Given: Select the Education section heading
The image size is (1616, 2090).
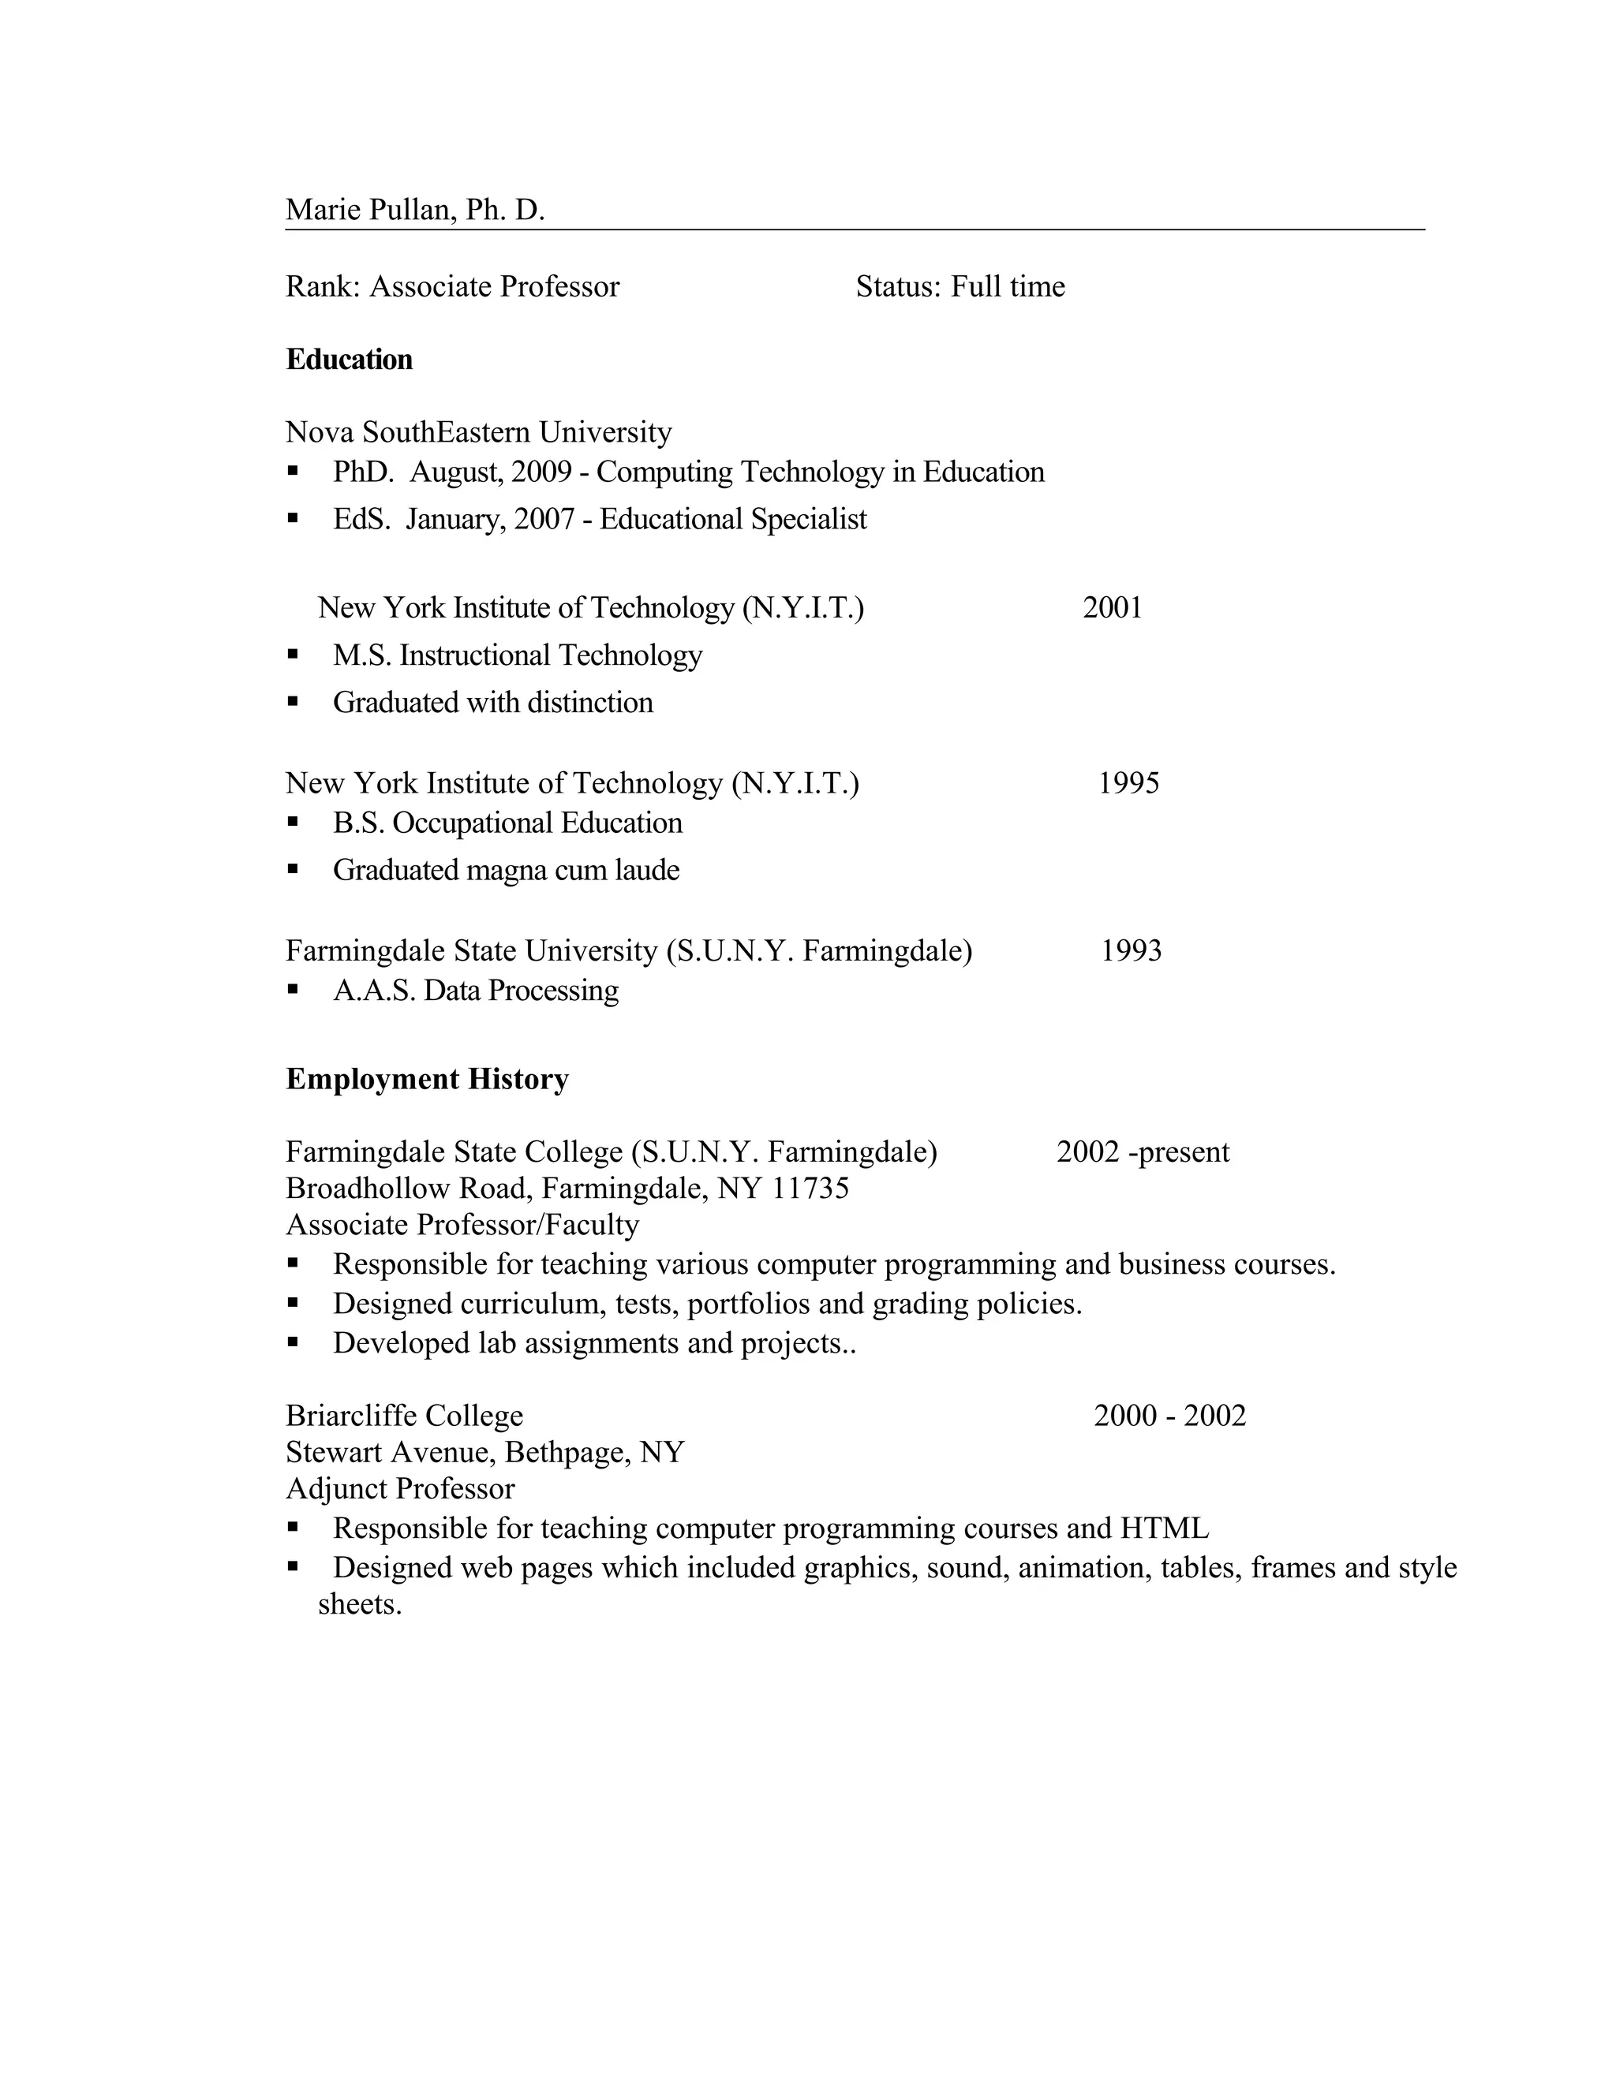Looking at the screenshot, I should coord(350,360).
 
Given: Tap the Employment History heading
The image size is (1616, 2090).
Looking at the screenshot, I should coord(427,1080).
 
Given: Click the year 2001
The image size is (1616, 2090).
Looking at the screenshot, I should coord(1113,607).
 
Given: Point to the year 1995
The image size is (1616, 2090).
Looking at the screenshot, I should coord(1128,783).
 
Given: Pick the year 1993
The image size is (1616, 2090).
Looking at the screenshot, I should coord(1131,950).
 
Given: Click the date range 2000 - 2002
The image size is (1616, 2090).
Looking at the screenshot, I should coord(1170,1416).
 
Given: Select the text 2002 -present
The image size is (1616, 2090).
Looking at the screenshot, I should coord(1143,1151).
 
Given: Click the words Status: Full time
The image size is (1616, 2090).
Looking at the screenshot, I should coord(960,286).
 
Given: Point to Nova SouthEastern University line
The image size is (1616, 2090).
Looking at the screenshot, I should coord(479,432).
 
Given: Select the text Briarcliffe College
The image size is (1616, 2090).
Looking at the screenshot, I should coord(405,1416).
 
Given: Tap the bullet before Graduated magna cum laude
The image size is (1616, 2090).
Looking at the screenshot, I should coord(293,870).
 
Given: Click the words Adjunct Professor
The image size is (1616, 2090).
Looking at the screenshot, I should coord(400,1489).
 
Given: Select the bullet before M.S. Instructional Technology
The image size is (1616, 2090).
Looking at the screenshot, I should coord(293,655).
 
